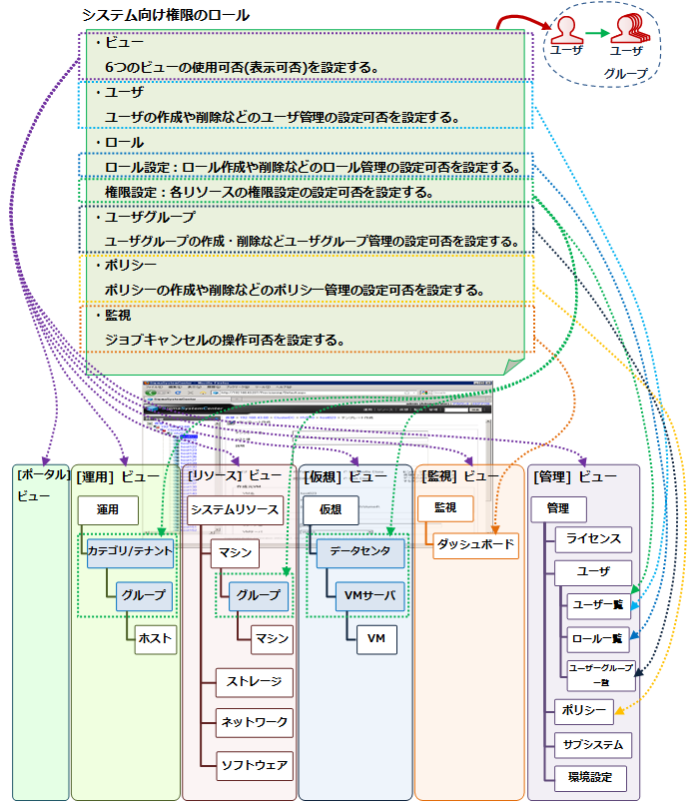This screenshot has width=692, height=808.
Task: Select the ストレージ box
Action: (255, 683)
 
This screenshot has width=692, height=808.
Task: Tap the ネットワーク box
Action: (255, 722)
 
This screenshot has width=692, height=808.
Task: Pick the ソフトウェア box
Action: (255, 766)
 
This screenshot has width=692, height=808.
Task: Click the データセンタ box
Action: (360, 551)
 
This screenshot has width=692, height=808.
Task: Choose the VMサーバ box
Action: (368, 596)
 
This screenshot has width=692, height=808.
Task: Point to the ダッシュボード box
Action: (476, 544)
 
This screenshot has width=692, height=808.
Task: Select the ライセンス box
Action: (593, 539)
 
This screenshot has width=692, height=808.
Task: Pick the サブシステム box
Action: (593, 744)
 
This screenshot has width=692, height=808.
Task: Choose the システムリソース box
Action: (235, 509)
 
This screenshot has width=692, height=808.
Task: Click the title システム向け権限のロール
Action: (165, 16)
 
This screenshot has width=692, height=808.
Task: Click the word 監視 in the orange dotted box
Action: (117, 316)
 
